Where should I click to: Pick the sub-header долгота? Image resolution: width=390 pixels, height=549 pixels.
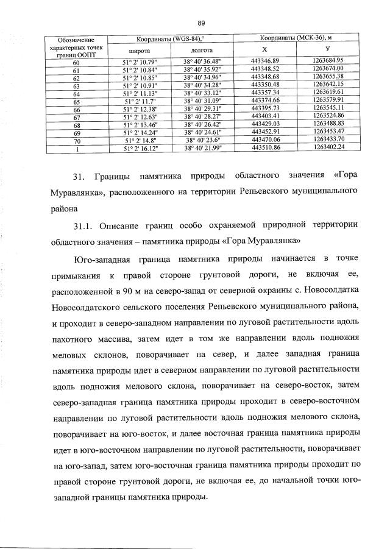[202, 51]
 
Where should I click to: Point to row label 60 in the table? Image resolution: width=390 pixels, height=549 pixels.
[76, 62]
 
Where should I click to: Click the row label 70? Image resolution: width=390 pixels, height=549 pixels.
[76, 140]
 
